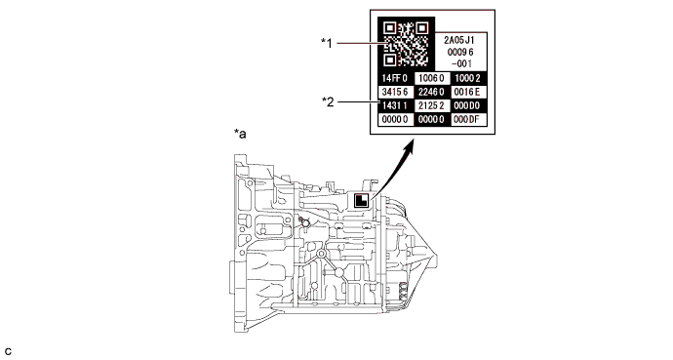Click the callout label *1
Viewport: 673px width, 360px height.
[327, 43]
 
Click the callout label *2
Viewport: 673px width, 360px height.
[328, 101]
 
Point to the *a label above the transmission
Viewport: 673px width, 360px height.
[240, 134]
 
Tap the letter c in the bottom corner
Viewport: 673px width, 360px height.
[8, 352]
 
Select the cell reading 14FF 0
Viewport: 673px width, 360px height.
[396, 78]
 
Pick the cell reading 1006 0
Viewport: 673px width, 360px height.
[432, 78]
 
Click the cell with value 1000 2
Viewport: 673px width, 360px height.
[468, 78]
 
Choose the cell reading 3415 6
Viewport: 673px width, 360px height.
[396, 92]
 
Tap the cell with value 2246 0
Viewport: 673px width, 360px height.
[432, 92]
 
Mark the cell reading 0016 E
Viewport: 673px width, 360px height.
[468, 92]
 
